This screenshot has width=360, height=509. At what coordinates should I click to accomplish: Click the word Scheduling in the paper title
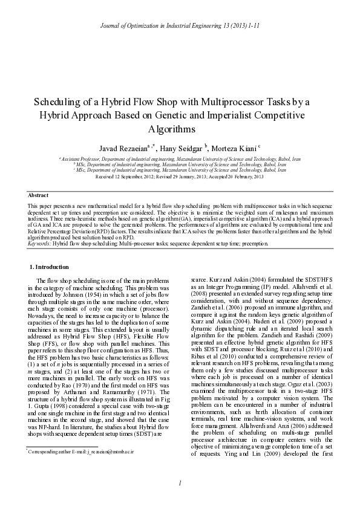[61, 101]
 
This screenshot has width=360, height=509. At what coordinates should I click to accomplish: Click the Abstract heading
[39, 195]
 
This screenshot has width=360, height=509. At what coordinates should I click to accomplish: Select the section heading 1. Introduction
[49, 267]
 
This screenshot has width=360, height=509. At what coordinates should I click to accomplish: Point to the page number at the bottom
[180, 499]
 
